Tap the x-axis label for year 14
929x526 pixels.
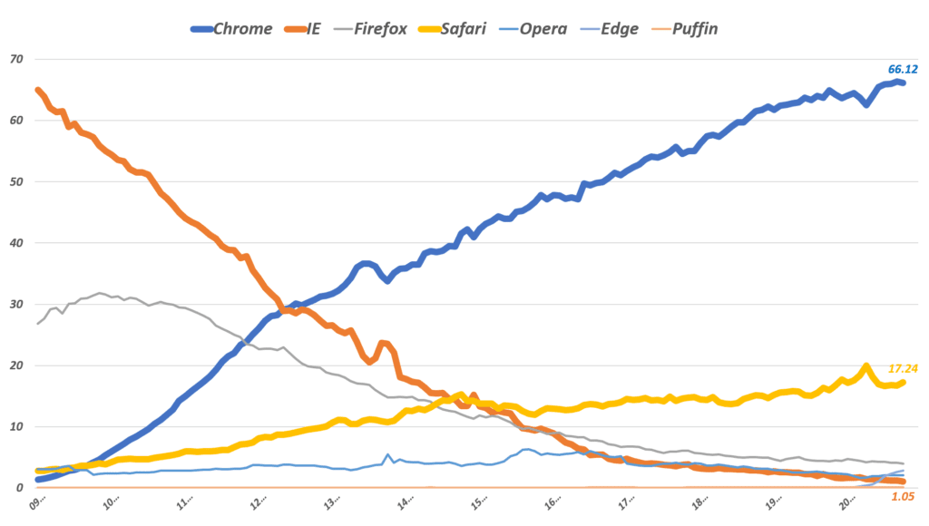pyautogui.click(x=406, y=502)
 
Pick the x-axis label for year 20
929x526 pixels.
pyautogui.click(x=846, y=502)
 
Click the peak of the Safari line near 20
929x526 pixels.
pyautogui.click(x=865, y=366)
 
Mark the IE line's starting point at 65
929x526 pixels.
pyautogui.click(x=37, y=90)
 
